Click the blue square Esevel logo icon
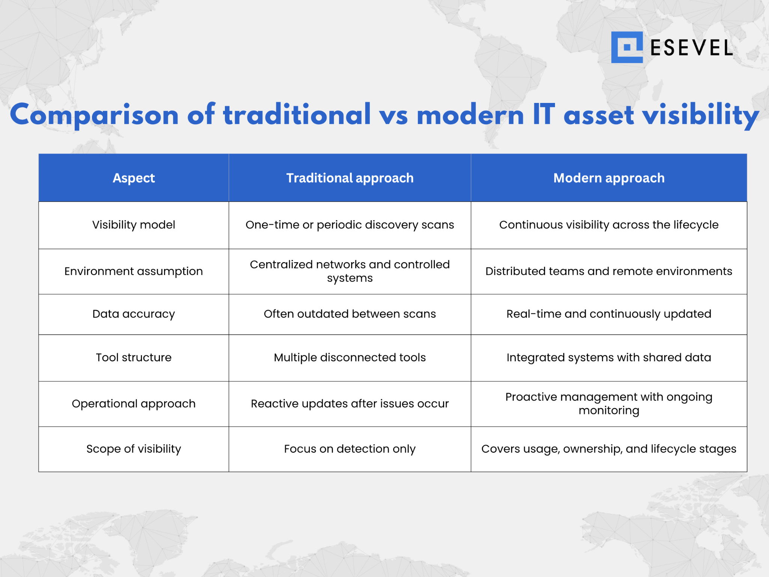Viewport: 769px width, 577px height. (x=626, y=47)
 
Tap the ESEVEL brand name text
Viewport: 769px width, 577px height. (x=691, y=48)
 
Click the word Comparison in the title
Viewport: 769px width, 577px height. (x=94, y=115)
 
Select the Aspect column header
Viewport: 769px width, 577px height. (x=134, y=178)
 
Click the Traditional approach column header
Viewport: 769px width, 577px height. (x=350, y=178)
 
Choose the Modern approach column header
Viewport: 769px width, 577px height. (x=609, y=178)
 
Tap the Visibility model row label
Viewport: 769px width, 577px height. (x=134, y=225)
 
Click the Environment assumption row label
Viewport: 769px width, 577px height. (x=134, y=271)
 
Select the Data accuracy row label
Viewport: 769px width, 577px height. (x=134, y=314)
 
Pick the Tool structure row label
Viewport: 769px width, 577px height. (x=134, y=357)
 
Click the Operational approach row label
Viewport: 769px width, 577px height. (x=134, y=403)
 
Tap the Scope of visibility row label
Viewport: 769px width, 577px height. (x=134, y=449)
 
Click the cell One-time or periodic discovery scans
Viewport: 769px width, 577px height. (x=350, y=225)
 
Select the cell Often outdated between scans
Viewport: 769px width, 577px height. (x=350, y=314)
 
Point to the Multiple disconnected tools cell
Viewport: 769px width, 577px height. (x=350, y=357)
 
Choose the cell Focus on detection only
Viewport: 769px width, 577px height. (x=350, y=449)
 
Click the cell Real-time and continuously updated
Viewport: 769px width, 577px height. (x=609, y=314)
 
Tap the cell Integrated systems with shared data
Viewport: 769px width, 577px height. (x=609, y=357)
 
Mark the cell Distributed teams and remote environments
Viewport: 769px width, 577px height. (x=609, y=271)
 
